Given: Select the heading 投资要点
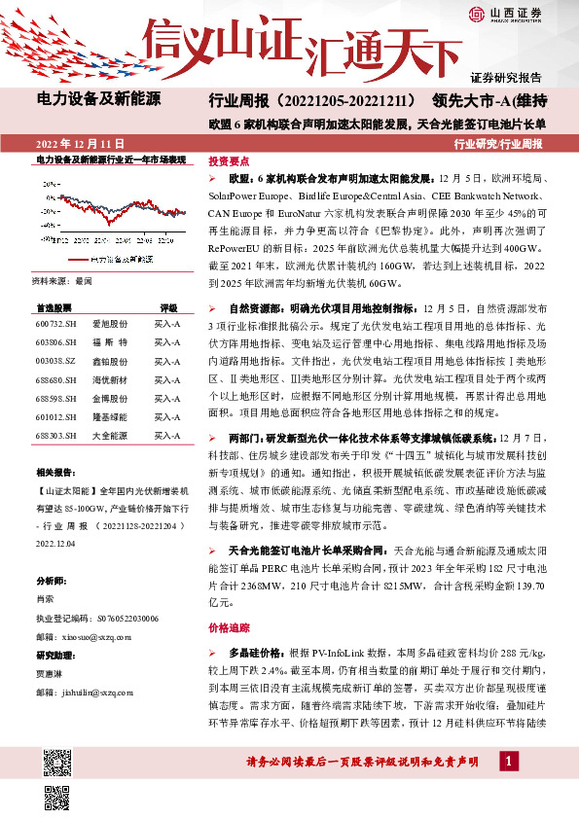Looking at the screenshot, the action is coord(230,161).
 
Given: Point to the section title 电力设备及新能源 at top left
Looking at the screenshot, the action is coord(98,99).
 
